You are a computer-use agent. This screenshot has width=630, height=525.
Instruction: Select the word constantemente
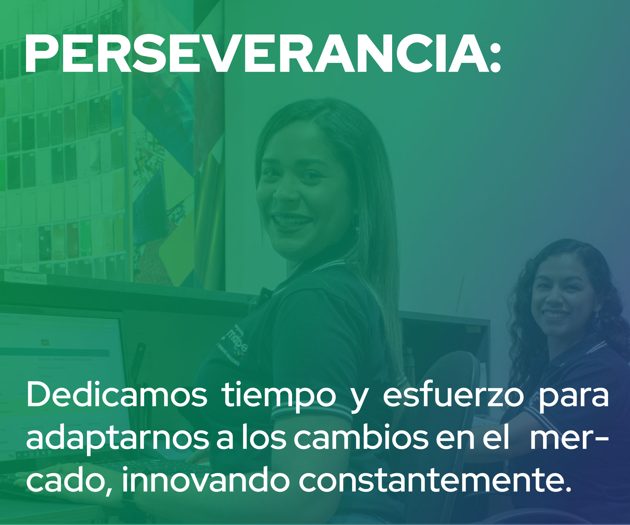(x=435, y=480)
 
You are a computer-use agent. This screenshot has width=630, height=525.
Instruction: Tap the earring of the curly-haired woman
(x=597, y=315)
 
